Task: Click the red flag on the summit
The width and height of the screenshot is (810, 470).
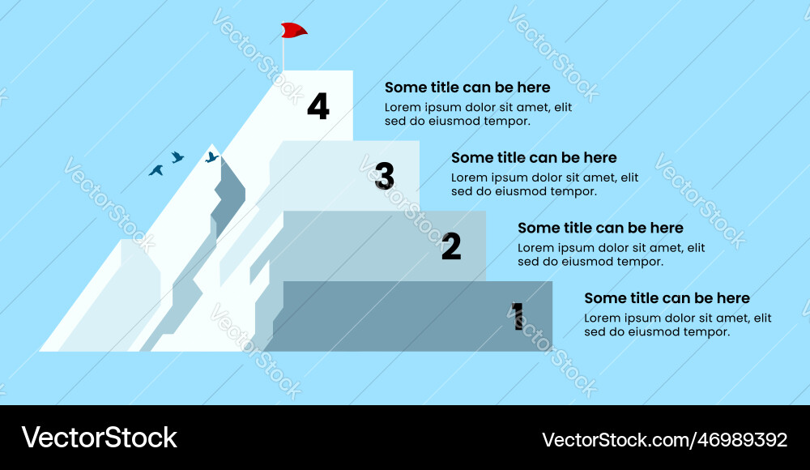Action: coord(293,30)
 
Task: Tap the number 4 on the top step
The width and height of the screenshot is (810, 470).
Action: coord(318,107)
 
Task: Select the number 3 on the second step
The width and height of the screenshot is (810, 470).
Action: coord(385,176)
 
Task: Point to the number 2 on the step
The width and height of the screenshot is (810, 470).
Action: coord(451,246)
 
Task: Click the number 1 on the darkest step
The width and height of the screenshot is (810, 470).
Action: coord(518,316)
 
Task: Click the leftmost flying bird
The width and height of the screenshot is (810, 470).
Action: coord(156,170)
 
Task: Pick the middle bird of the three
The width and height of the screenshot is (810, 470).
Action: coord(177,156)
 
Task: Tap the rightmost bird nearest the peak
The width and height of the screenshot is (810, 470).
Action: coord(211,157)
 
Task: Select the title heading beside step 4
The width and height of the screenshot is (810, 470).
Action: coord(467,88)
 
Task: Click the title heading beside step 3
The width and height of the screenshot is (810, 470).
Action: coord(534,158)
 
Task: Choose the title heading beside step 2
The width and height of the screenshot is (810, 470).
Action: coord(600,229)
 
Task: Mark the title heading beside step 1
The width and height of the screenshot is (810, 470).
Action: coord(667,299)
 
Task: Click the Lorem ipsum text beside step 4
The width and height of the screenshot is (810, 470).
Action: coord(478,114)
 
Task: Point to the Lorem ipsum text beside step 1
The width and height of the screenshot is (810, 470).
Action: coord(677,325)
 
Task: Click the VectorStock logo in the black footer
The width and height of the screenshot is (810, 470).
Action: coord(99,438)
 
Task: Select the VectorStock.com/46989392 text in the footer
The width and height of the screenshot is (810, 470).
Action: coord(664,439)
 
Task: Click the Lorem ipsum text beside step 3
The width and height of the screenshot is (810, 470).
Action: coord(544,185)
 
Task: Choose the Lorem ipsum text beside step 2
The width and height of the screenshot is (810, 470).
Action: coord(611,254)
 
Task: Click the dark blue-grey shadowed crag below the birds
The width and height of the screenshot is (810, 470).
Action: coord(231,194)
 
